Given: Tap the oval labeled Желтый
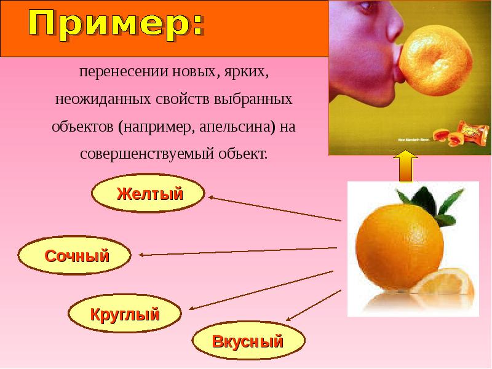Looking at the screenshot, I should point(148,195).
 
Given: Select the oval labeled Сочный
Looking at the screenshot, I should point(75,255).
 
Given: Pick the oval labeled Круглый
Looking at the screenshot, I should point(125,315).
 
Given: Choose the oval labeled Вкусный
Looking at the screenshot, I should point(248,341).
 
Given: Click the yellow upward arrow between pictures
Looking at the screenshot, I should point(405,165).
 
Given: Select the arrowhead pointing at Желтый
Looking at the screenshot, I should point(210,197).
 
